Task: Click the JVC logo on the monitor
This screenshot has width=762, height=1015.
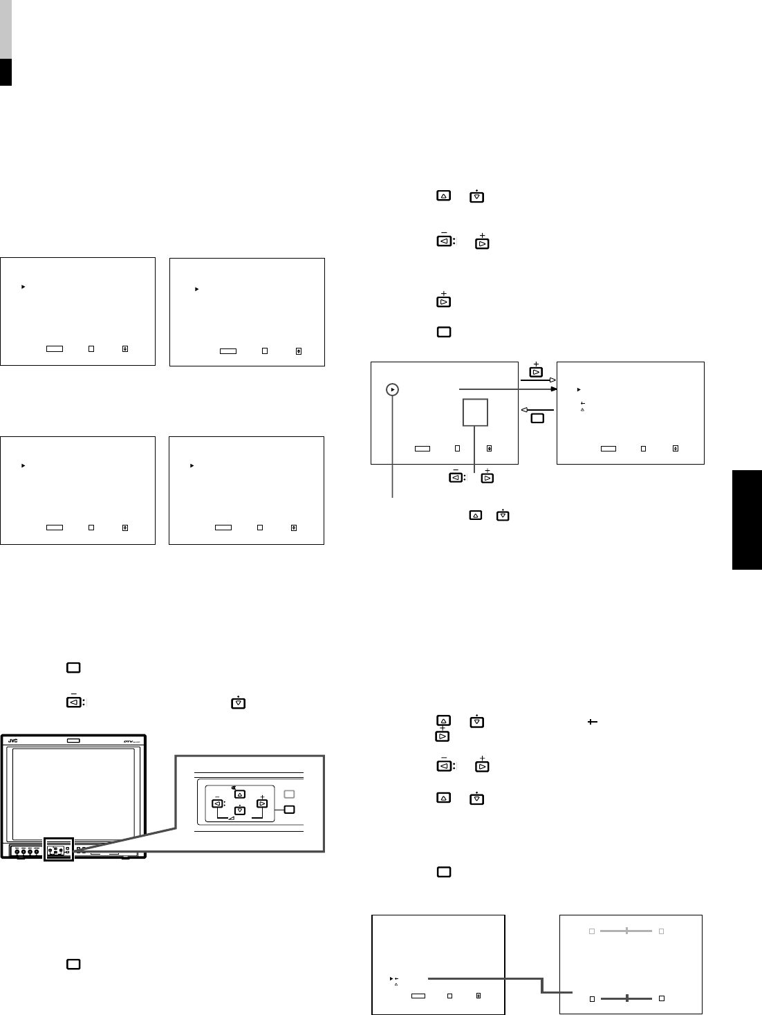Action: click(x=12, y=741)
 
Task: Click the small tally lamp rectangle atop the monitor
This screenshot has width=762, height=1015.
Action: click(x=73, y=741)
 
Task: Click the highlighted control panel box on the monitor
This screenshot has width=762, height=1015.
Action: click(x=57, y=848)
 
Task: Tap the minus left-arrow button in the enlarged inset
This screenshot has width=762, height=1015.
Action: click(x=216, y=803)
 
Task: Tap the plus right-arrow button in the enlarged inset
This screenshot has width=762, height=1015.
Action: click(x=262, y=803)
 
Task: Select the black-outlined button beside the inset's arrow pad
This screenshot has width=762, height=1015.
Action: click(x=290, y=809)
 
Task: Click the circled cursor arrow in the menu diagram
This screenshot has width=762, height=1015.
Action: click(x=393, y=389)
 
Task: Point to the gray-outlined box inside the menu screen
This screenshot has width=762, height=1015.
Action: click(x=476, y=412)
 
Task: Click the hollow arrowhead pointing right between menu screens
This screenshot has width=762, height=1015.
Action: click(x=552, y=380)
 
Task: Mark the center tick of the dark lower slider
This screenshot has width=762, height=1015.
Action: click(x=626, y=998)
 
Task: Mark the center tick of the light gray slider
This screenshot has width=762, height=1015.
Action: click(x=626, y=931)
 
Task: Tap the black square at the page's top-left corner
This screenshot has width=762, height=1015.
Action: click(x=6, y=72)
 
